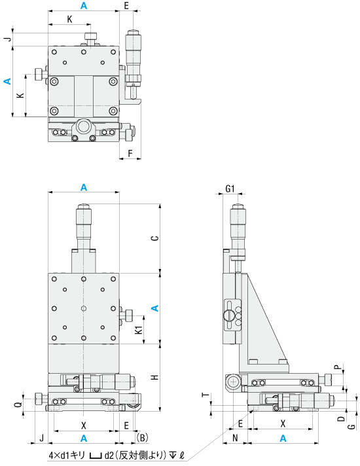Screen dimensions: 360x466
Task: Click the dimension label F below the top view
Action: click(x=130, y=153)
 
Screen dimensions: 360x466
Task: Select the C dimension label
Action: click(x=155, y=238)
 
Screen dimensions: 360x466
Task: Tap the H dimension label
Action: click(x=155, y=378)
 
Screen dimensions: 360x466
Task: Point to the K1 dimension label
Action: click(x=139, y=330)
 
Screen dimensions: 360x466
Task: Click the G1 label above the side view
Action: click(x=230, y=188)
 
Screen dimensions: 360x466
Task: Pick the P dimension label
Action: click(x=338, y=367)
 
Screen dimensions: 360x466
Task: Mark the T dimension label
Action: click(x=206, y=395)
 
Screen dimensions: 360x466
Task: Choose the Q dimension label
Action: click(x=18, y=404)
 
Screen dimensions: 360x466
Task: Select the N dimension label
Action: click(x=235, y=438)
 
